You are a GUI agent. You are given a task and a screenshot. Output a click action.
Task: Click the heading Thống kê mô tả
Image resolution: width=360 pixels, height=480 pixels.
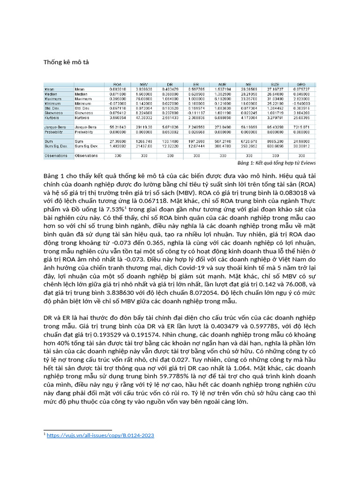point(63,62)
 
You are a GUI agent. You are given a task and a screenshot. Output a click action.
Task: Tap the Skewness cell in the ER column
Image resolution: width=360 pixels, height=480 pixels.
point(197,113)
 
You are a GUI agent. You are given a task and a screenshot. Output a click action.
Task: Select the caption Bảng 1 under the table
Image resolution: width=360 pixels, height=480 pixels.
point(277,163)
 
